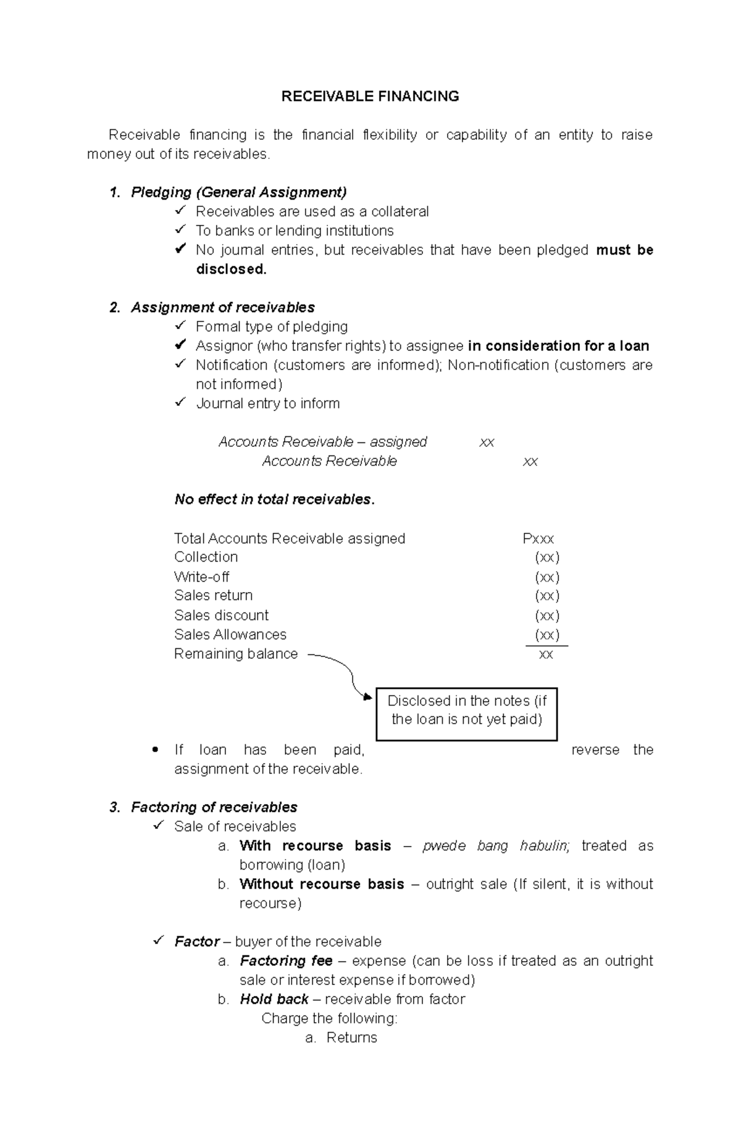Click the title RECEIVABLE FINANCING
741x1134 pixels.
(x=370, y=96)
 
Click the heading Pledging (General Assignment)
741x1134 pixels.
(x=238, y=192)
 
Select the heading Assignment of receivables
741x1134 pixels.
(x=222, y=307)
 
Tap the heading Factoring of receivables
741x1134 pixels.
(x=214, y=807)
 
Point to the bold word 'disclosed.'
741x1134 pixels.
(x=231, y=269)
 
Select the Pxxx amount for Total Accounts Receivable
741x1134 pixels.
(x=538, y=539)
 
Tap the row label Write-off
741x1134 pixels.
(x=201, y=577)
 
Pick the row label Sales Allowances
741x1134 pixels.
(x=230, y=635)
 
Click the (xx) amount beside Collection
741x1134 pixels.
(x=546, y=557)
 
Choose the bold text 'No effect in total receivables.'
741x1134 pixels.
(x=274, y=499)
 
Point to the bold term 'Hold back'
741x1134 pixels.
(x=274, y=999)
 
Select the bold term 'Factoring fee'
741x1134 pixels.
(x=285, y=961)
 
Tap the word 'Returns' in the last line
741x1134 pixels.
(x=351, y=1038)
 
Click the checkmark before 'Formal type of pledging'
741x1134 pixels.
(x=180, y=326)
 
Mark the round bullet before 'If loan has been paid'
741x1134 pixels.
(x=155, y=750)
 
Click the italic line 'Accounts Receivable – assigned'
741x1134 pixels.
(x=322, y=442)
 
